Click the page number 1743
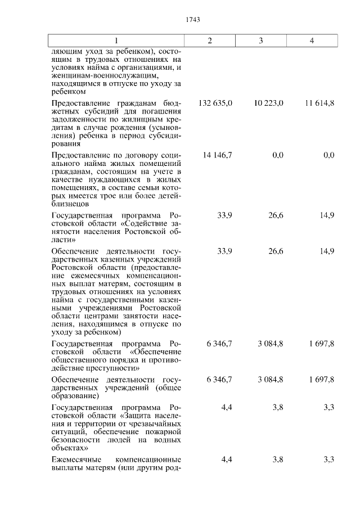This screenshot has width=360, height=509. click(x=193, y=20)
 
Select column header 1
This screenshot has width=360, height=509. click(x=116, y=41)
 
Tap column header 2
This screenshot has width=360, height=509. click(x=210, y=41)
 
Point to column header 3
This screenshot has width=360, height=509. click(x=261, y=41)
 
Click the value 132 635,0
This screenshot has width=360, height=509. click(x=216, y=103)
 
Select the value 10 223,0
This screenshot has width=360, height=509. click(x=268, y=103)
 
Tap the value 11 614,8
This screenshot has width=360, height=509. click(x=319, y=103)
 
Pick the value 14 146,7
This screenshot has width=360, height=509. click(x=218, y=155)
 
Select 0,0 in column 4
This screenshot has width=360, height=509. click(x=329, y=155)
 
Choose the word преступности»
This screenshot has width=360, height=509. click(x=114, y=368)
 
